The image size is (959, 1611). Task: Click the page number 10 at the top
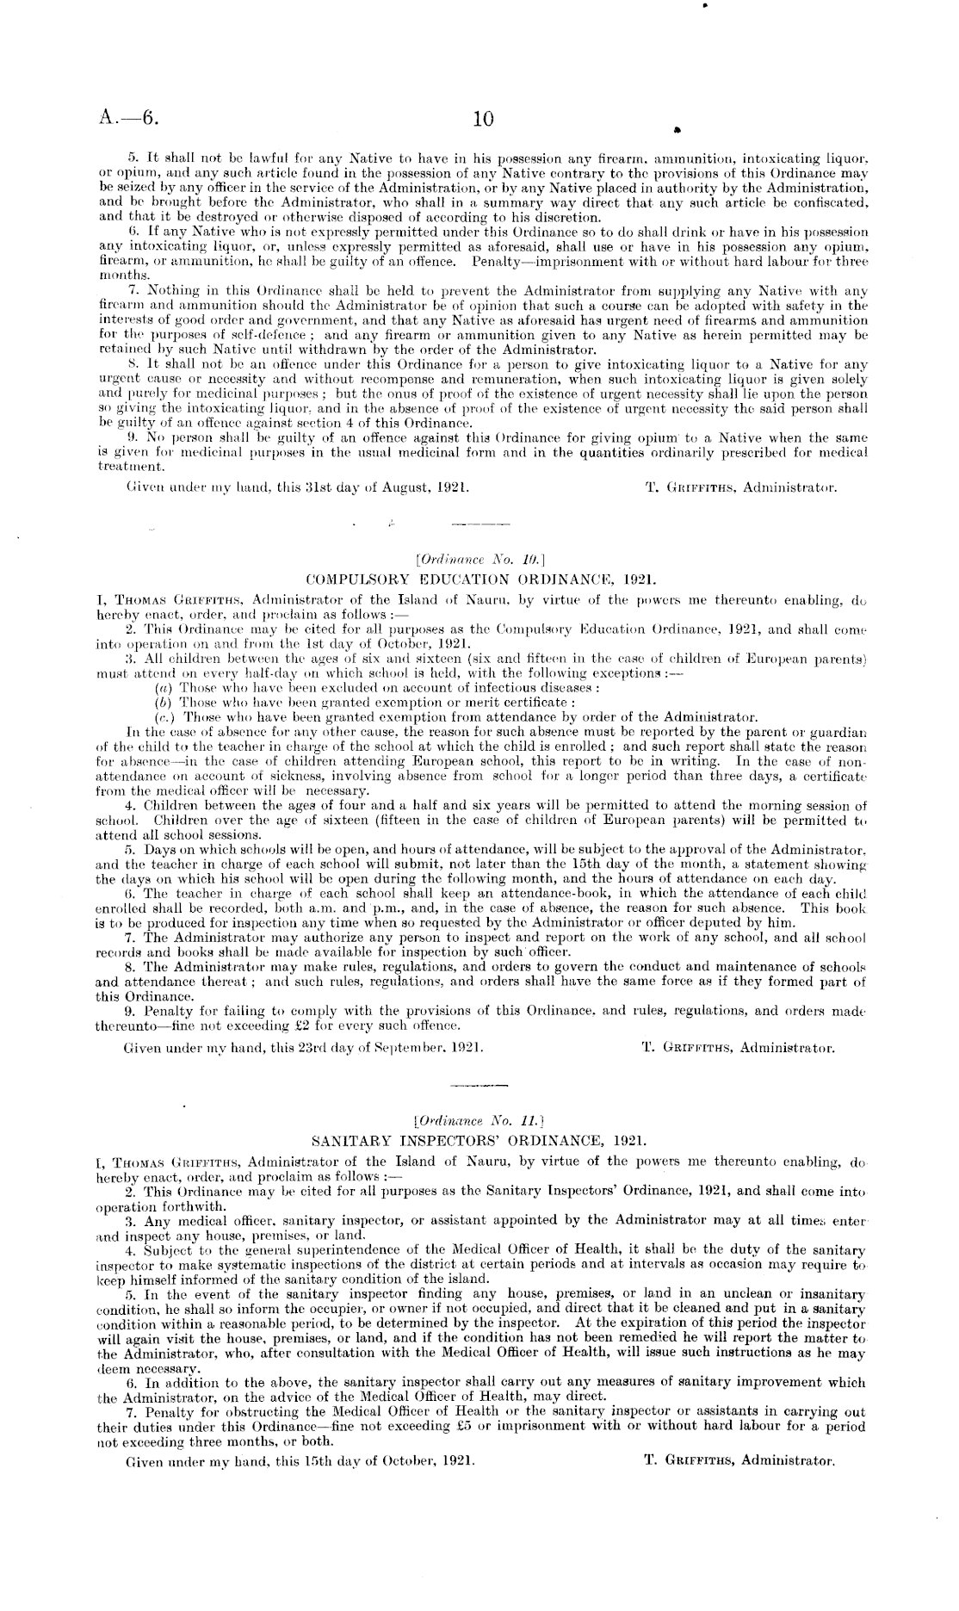484,119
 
